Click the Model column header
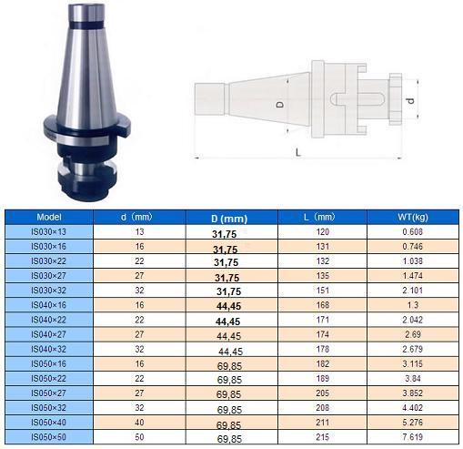click(x=49, y=217)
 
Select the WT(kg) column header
click(x=413, y=217)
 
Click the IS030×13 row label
click(x=48, y=232)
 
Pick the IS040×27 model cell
click(x=48, y=334)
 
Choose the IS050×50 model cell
click(x=48, y=437)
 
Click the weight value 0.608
click(x=412, y=232)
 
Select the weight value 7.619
click(x=412, y=437)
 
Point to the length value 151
click(x=323, y=291)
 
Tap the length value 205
click(x=323, y=393)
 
